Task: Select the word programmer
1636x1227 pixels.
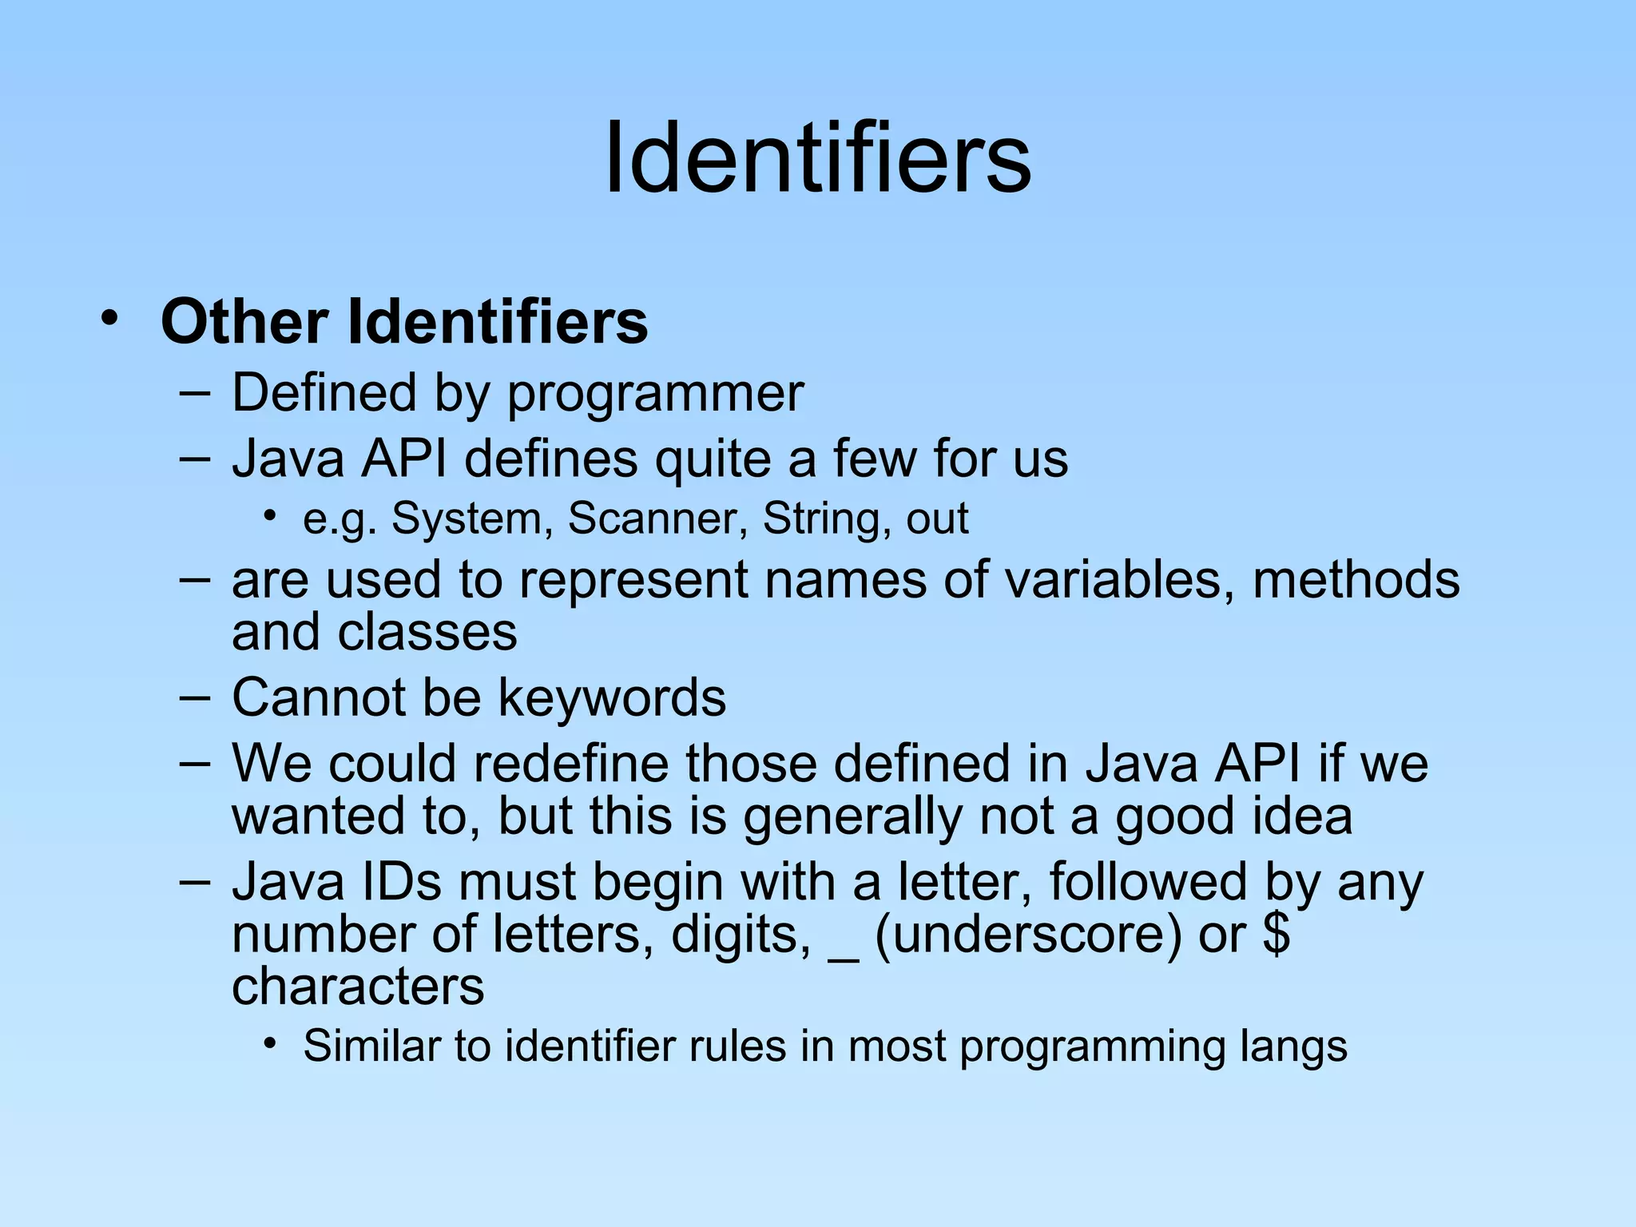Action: (655, 394)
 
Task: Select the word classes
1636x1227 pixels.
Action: (427, 632)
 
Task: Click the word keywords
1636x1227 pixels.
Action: (612, 697)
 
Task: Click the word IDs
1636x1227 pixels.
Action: (402, 882)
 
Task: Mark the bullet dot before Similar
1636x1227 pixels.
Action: (272, 1042)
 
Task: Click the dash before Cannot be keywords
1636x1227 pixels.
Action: (195, 697)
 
